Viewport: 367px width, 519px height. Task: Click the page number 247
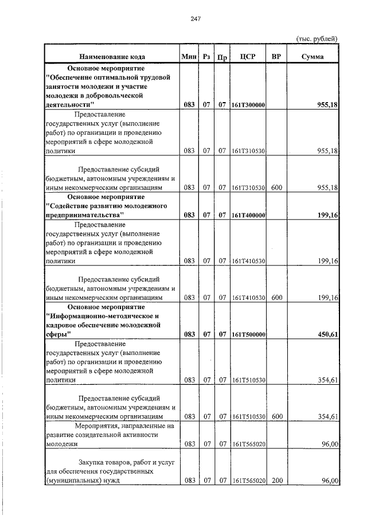[195, 18]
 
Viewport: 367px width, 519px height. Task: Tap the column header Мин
[189, 57]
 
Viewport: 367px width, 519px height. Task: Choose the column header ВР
[276, 57]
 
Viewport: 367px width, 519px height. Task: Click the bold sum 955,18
[327, 106]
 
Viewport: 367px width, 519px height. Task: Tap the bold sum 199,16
[327, 216]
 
